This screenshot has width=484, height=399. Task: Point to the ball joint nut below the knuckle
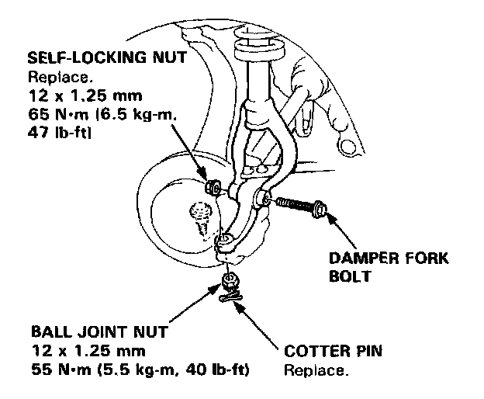coord(228,279)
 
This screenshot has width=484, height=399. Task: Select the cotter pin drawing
coord(230,296)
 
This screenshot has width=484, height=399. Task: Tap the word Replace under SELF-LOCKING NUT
coord(52,78)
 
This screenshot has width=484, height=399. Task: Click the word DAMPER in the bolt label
coord(358,257)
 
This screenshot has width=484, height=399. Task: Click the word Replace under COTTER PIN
coord(315,370)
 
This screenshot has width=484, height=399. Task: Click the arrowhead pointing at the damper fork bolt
coord(332,218)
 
